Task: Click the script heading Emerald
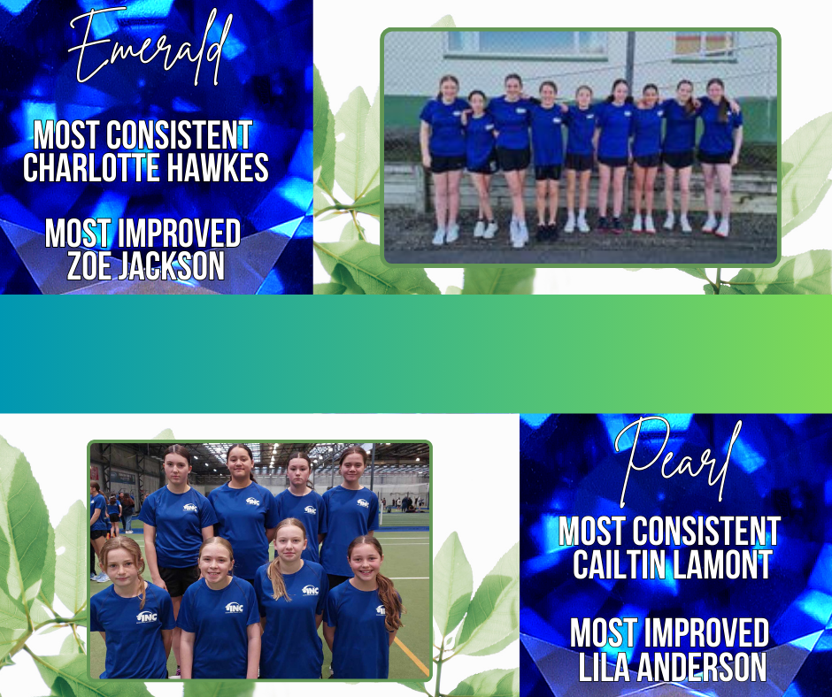150,47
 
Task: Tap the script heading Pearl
677,459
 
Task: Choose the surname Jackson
171,265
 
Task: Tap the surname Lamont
716,564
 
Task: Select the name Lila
604,667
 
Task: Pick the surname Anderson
702,667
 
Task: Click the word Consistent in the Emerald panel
179,134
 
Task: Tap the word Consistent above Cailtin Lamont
706,531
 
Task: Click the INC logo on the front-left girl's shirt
146,617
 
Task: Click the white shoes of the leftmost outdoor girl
445,234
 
